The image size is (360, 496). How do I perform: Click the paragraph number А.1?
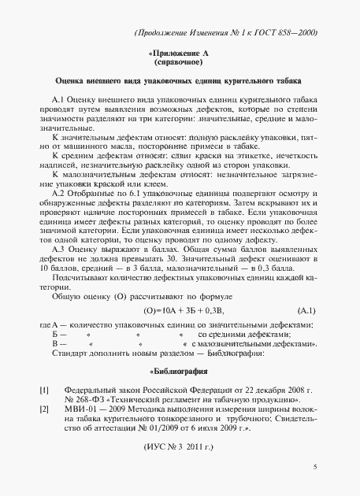pos(61,102)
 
